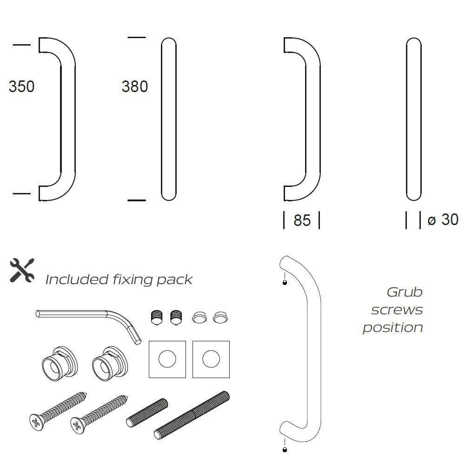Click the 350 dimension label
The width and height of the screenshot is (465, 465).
click(x=21, y=86)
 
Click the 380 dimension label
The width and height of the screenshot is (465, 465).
click(x=134, y=86)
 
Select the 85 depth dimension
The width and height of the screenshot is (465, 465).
click(x=302, y=220)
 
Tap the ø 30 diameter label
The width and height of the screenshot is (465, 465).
click(x=443, y=219)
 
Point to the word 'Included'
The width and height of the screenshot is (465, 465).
click(x=77, y=279)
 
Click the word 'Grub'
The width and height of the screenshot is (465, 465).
click(x=405, y=292)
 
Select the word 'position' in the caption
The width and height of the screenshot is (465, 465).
click(x=393, y=327)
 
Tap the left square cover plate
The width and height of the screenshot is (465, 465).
click(x=167, y=359)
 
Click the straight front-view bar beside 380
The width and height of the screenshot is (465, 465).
click(x=168, y=120)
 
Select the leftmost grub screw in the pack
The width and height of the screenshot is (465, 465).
click(x=157, y=318)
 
